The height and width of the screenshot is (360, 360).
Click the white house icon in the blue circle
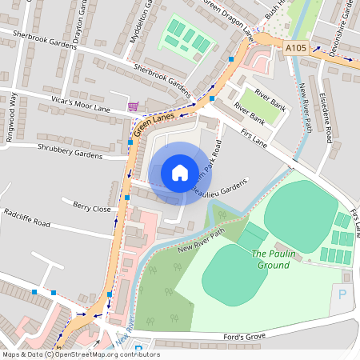180,173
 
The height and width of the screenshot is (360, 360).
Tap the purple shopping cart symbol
133,106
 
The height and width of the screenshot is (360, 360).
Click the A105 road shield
295,49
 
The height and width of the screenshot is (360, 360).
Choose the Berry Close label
90,208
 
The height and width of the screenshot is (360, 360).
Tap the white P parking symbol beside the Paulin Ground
343,294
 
